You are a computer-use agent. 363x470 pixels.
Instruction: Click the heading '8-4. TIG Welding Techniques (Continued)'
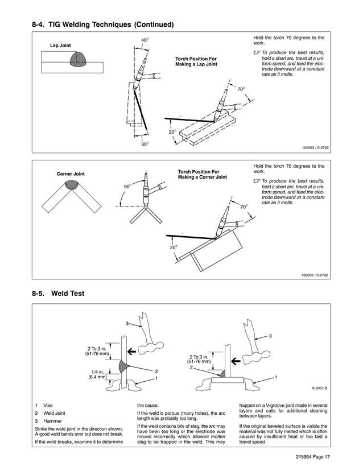coord(102,24)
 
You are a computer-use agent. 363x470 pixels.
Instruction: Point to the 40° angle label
coord(145,40)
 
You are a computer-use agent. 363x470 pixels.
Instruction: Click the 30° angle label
coord(145,145)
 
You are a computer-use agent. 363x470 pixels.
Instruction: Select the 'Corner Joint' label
coord(71,174)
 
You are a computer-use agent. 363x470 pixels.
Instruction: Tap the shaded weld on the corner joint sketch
coord(72,184)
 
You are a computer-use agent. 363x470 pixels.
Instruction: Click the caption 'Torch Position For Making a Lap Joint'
coord(196,61)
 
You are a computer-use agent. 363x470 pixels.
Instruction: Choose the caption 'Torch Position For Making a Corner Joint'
coord(202,174)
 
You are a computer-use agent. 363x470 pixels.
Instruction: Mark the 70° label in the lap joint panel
coord(241,89)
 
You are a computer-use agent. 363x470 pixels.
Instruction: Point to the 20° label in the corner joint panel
coord(173,248)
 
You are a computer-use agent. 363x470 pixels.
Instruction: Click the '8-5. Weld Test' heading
coord(59,294)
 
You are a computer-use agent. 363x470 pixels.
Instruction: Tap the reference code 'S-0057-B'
coord(319,388)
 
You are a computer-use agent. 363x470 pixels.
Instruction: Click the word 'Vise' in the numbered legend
coord(48,405)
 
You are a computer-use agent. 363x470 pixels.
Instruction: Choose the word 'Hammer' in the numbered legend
coord(53,420)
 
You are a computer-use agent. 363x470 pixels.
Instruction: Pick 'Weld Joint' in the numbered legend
coord(55,413)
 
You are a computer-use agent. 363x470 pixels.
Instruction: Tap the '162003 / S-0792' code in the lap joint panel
coord(315,147)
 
